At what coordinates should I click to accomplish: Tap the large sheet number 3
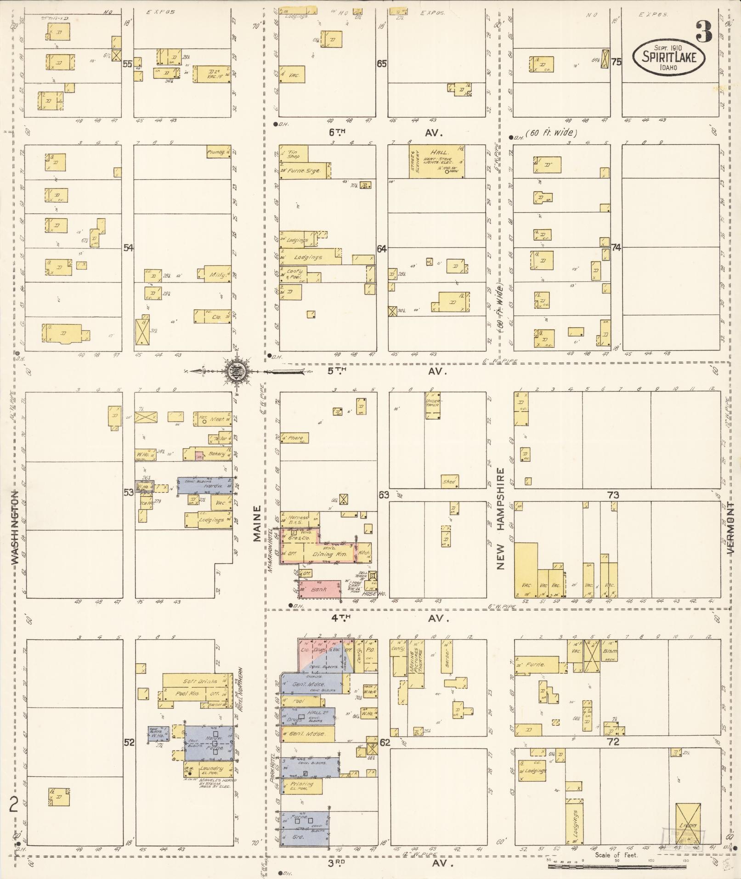pos(703,31)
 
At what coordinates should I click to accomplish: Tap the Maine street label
pos(257,523)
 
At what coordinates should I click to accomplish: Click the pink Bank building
pos(318,589)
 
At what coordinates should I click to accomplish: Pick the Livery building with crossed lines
pos(688,825)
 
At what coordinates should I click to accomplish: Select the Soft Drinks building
pos(196,681)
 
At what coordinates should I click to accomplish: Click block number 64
pos(382,249)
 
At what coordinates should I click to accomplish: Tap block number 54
pos(128,248)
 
